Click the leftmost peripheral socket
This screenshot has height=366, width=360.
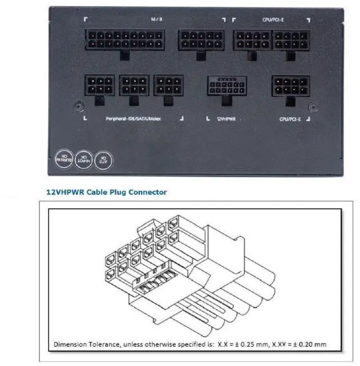point(101,86)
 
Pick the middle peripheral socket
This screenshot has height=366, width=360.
point(134,86)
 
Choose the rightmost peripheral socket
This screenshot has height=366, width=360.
point(168,86)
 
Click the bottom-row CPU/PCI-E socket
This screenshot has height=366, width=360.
point(290,86)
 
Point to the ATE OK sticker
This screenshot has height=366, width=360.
point(102,159)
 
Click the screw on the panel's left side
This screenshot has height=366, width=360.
point(79,105)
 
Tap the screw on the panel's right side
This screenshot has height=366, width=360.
point(314,105)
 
